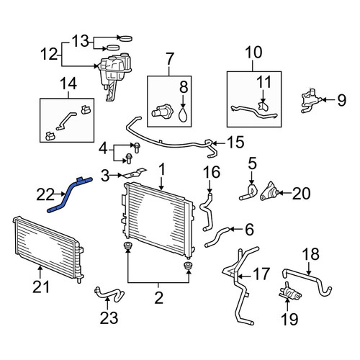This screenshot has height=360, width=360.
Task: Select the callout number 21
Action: pyautogui.click(x=41, y=287)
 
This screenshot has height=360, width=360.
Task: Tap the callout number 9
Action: pyautogui.click(x=342, y=100)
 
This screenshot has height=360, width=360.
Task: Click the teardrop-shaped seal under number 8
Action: pyautogui.click(x=184, y=114)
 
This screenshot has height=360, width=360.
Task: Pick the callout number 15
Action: pyautogui.click(x=235, y=142)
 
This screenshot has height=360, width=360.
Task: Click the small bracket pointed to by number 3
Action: pyautogui.click(x=135, y=174)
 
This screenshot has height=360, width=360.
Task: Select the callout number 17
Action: pyautogui.click(x=261, y=274)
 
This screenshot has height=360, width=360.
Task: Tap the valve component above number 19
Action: pyautogui.click(x=289, y=292)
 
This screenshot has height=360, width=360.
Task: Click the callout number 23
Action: pyautogui.click(x=109, y=318)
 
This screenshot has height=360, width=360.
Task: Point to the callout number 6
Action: pyautogui.click(x=250, y=230)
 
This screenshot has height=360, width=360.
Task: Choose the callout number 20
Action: pyautogui.click(x=301, y=194)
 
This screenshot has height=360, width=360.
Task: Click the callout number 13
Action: pyautogui.click(x=81, y=41)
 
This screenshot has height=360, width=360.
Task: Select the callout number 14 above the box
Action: pyautogui.click(x=68, y=84)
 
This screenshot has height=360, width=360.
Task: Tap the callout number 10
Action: pyautogui.click(x=253, y=53)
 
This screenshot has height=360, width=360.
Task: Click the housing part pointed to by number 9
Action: pyautogui.click(x=311, y=101)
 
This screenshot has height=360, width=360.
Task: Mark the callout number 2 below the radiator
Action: pyautogui.click(x=159, y=298)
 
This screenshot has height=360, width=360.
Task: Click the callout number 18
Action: pyautogui.click(x=310, y=254)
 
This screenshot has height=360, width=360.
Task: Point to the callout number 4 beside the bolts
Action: pyautogui.click(x=103, y=149)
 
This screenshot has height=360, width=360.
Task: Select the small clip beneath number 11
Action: pyautogui.click(x=263, y=107)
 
